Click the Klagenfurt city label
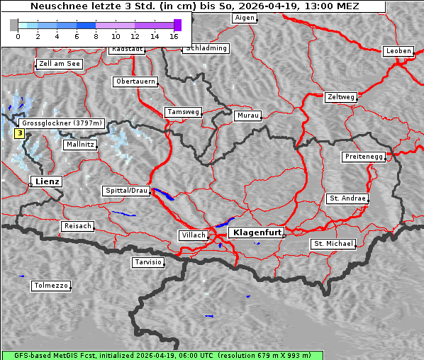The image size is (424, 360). [258, 232]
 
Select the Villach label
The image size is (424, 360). [193, 235]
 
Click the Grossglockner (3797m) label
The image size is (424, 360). [62, 123]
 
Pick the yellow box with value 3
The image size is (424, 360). [19, 133]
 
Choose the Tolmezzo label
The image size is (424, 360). [51, 286]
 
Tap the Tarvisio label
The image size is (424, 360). [148, 262]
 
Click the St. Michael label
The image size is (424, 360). [333, 244]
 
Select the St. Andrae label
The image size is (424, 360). [347, 198]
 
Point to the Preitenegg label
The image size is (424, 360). [364, 157]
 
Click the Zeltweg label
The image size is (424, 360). [340, 96]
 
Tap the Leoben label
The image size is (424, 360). [398, 51]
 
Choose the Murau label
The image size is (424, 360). [248, 116]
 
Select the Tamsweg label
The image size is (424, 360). [184, 112]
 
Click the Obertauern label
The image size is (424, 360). [135, 81]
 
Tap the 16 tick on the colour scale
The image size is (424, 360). [174, 35]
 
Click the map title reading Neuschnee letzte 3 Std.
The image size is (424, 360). [195, 6]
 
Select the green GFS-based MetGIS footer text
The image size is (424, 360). [212, 355]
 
